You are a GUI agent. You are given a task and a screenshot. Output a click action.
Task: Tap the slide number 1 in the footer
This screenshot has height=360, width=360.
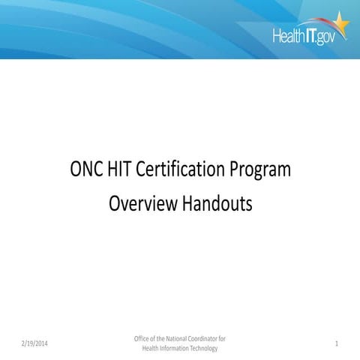[x=337, y=343]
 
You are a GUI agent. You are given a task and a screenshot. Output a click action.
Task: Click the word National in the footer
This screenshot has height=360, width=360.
[x=172, y=338]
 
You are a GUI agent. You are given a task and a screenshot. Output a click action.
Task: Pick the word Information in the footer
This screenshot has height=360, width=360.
[x=173, y=347]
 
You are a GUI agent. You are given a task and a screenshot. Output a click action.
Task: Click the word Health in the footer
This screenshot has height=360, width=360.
[x=149, y=347]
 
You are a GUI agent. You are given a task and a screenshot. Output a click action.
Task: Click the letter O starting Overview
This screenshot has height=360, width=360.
[x=115, y=203]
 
